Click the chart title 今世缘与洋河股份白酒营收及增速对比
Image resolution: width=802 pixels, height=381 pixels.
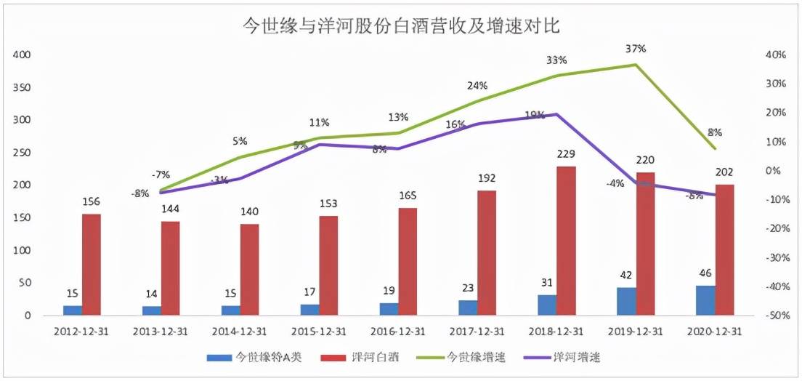point(400,26)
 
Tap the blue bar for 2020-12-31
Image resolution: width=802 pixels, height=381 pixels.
point(705,300)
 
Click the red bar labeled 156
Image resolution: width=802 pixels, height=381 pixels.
point(92,265)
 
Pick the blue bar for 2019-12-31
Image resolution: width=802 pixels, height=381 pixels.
point(626,301)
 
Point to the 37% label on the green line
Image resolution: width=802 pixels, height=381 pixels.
point(635,49)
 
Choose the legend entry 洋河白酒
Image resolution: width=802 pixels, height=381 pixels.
point(373,357)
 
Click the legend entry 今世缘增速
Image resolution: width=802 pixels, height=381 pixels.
point(476,357)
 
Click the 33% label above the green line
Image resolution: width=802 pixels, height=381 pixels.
point(557,60)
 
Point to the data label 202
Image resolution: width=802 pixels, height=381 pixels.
point(724,172)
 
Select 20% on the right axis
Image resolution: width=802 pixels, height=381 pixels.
point(776,113)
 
